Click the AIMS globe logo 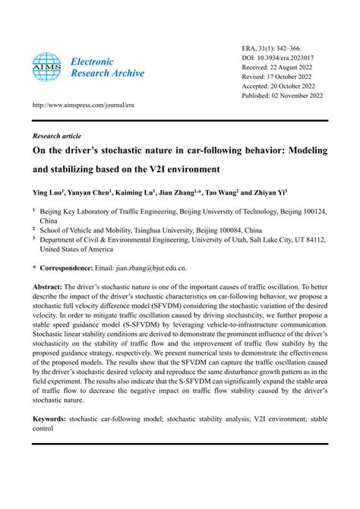click(x=47, y=68)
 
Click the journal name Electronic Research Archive click(x=103, y=68)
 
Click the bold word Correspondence click(x=69, y=268)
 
